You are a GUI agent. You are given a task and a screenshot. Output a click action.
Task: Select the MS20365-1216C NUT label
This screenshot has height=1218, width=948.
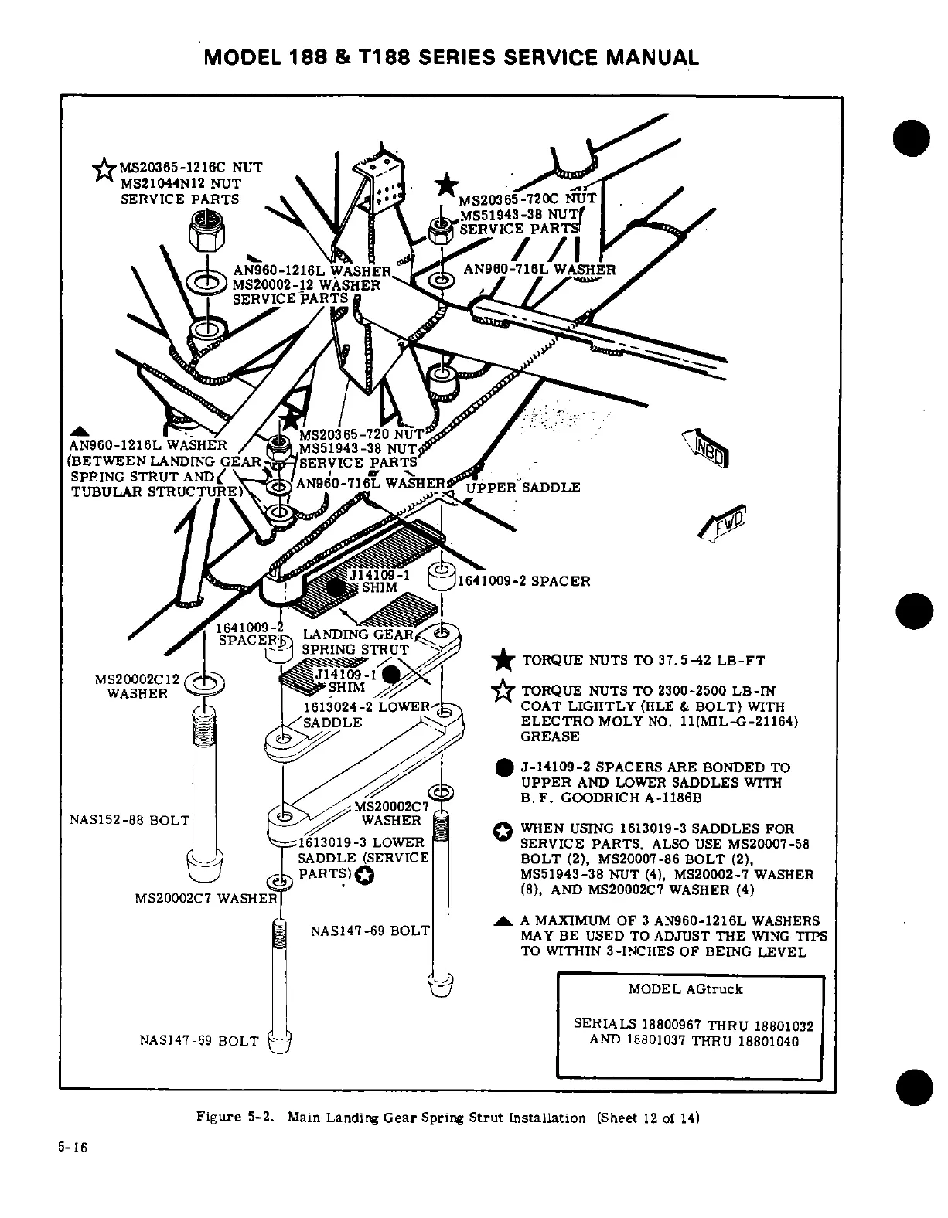click(x=190, y=167)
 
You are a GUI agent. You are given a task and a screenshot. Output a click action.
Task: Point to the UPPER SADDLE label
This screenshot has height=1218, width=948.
click(x=522, y=488)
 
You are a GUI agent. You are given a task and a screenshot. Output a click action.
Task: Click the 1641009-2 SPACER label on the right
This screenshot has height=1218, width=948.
click(x=524, y=580)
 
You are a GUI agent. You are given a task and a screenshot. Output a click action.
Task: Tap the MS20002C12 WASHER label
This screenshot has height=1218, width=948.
click(x=137, y=686)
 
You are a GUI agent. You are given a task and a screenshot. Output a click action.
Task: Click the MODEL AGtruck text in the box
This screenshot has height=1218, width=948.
click(x=685, y=989)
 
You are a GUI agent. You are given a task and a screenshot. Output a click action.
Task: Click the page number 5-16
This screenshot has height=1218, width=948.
click(x=73, y=1148)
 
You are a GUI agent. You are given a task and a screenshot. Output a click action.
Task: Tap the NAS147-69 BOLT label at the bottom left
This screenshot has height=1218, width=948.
click(x=197, y=1041)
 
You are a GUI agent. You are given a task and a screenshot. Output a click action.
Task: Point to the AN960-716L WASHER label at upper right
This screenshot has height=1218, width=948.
click(x=539, y=270)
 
